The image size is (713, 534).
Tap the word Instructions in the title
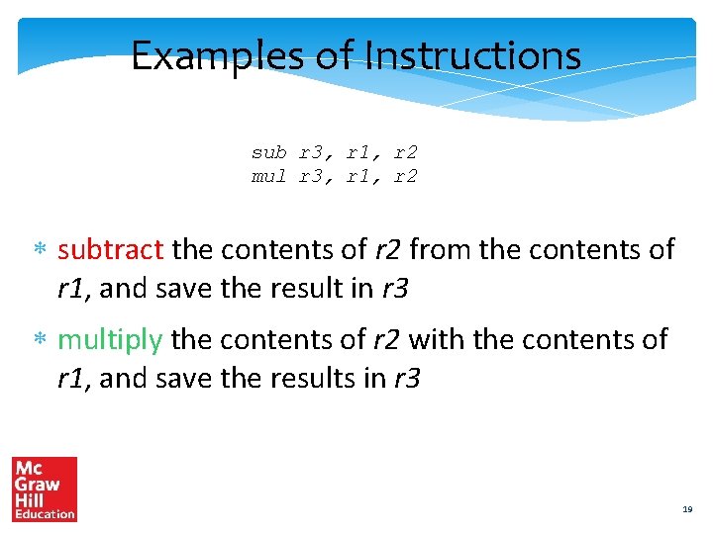click(472, 56)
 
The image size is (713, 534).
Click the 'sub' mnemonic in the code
click(268, 153)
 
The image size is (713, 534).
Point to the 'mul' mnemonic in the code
click(268, 177)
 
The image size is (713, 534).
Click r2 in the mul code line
click(406, 177)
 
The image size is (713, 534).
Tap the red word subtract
click(111, 249)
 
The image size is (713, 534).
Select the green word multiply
click(110, 341)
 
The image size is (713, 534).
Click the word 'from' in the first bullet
click(441, 249)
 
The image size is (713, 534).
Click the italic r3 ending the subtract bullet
click(395, 289)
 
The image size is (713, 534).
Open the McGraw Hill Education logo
click(45, 489)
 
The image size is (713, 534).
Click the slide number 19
click(687, 509)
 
